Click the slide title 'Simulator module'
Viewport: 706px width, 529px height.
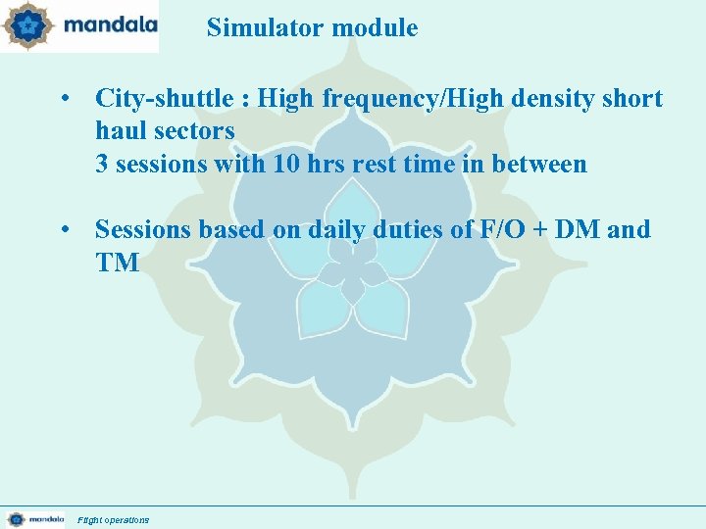pyautogui.click(x=312, y=28)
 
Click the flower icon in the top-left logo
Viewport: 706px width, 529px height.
pyautogui.click(x=26, y=26)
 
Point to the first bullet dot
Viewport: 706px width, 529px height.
pyautogui.click(x=64, y=99)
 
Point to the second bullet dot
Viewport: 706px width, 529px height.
pyautogui.click(x=64, y=229)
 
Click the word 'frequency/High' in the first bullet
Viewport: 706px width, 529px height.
pyautogui.click(x=370, y=99)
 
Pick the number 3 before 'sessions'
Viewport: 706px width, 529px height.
pyautogui.click(x=102, y=164)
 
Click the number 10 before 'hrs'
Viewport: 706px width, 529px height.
pyautogui.click(x=285, y=164)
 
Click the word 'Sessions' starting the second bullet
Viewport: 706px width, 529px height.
pyautogui.click(x=140, y=229)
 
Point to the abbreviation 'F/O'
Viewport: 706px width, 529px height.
pyautogui.click(x=496, y=229)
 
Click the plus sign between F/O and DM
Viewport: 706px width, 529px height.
pyautogui.click(x=538, y=230)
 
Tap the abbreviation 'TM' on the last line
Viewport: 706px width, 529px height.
pyautogui.click(x=117, y=262)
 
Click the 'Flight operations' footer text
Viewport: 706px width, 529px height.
pyautogui.click(x=114, y=519)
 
